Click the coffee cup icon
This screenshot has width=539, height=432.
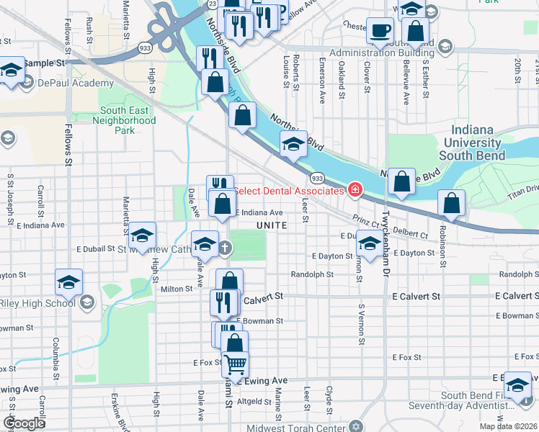click(x=380, y=31)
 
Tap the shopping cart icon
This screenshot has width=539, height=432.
click(x=235, y=365)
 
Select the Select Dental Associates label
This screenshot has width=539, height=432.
click(x=288, y=191)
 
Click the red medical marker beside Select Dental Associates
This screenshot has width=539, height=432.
click(x=355, y=190)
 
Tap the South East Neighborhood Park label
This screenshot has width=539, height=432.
click(x=124, y=120)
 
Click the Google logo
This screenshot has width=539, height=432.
click(x=24, y=423)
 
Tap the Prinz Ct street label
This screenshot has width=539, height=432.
click(x=365, y=220)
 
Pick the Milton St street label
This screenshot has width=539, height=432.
click(x=176, y=289)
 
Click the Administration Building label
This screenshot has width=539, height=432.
click(x=382, y=54)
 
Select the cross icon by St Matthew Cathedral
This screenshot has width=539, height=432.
click(x=225, y=248)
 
